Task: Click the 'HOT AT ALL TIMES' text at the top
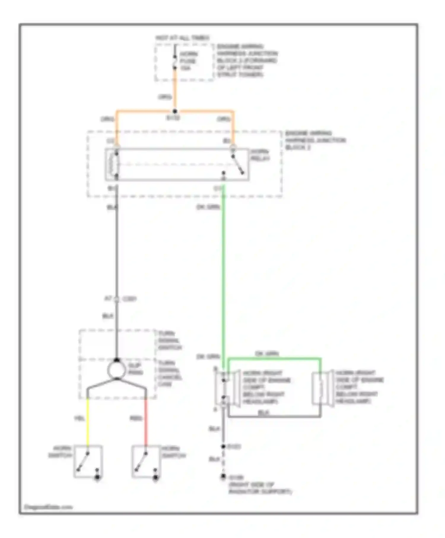(x=182, y=38)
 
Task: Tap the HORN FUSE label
(x=188, y=61)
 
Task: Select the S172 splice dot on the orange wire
(x=175, y=112)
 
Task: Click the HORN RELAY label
(x=260, y=155)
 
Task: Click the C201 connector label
(x=130, y=299)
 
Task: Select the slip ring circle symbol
(x=117, y=370)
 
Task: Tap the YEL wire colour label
(x=80, y=418)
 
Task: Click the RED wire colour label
(x=136, y=418)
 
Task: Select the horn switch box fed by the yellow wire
(x=88, y=461)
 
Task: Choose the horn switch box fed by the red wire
(x=146, y=461)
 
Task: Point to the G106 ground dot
(x=223, y=477)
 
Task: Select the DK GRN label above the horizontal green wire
(x=267, y=354)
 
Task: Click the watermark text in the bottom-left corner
(x=48, y=507)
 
